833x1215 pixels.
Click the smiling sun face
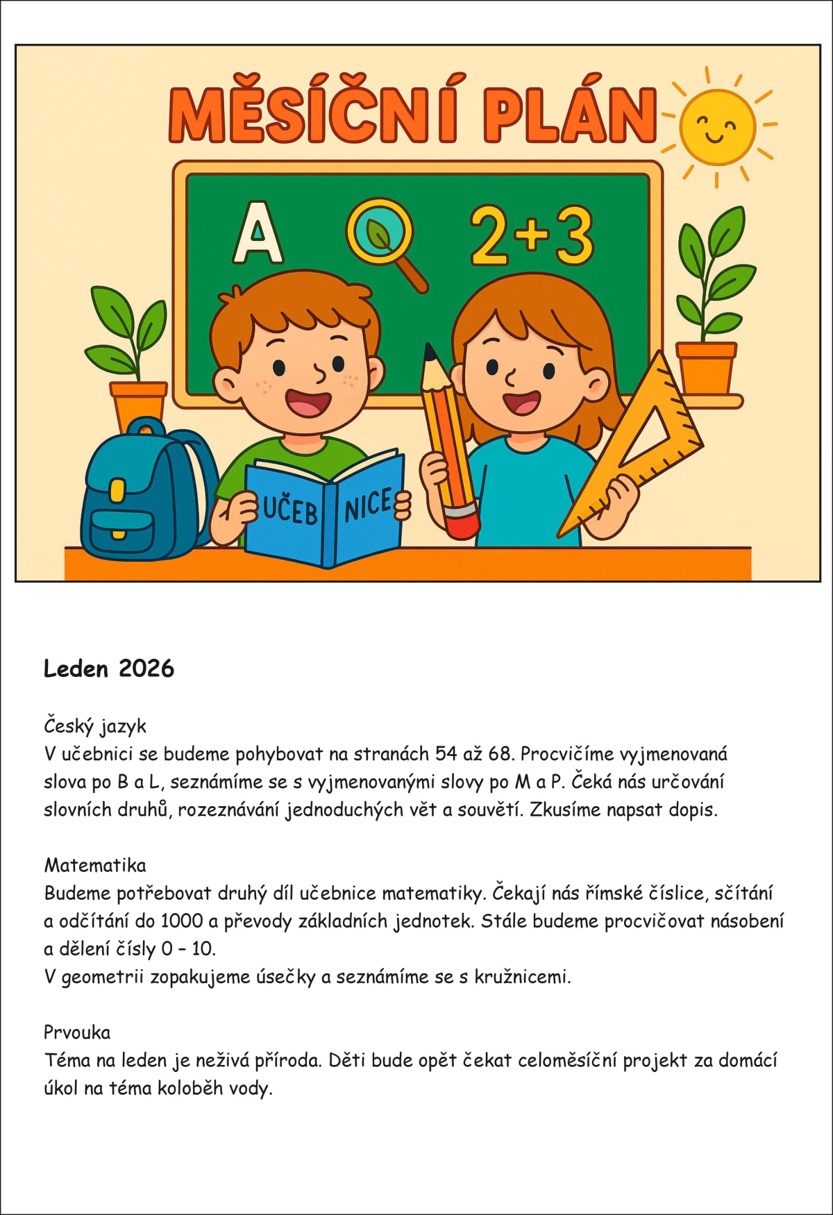click(x=717, y=127)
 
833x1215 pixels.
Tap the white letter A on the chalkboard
click(x=258, y=234)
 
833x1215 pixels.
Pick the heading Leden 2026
click(x=109, y=669)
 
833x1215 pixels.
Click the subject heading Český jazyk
click(x=95, y=726)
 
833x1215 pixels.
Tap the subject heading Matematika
click(x=95, y=865)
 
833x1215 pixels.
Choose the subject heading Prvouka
click(x=77, y=1032)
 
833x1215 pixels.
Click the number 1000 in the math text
click(x=182, y=921)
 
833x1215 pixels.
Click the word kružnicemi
click(x=522, y=977)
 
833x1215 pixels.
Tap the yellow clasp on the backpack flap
click(x=117, y=490)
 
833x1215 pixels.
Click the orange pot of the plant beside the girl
click(x=706, y=369)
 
